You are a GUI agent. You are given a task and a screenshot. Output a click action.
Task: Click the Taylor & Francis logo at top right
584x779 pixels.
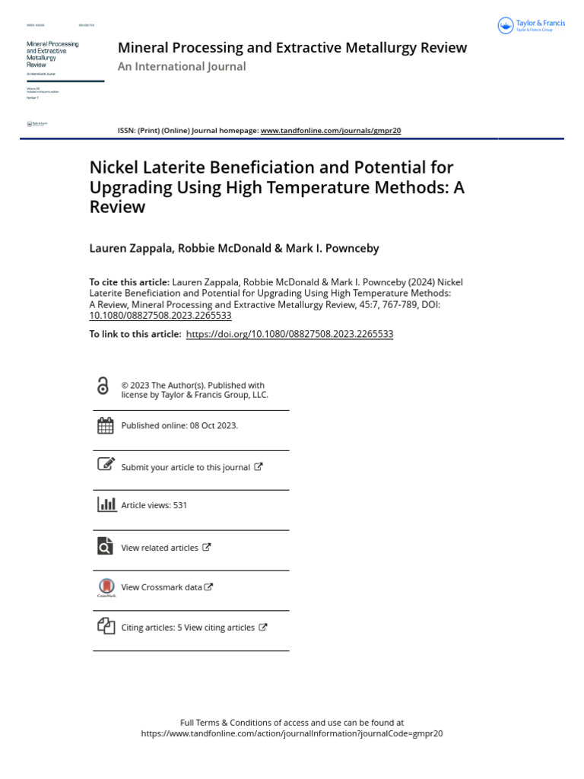point(532,26)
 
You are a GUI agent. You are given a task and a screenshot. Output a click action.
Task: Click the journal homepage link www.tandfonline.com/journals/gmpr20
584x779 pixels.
point(330,131)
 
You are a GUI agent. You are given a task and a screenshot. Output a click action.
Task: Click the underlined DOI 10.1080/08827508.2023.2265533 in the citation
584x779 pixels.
point(160,315)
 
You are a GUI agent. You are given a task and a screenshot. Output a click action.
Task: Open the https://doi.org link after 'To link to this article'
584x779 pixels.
point(289,334)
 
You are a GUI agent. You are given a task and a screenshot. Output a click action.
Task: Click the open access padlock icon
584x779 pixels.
point(103,386)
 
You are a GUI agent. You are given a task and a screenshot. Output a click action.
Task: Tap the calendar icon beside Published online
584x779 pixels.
point(106,426)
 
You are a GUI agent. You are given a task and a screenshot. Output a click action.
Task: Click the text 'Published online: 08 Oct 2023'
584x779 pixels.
point(179,426)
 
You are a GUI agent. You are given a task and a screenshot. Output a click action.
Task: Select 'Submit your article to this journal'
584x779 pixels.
point(186,467)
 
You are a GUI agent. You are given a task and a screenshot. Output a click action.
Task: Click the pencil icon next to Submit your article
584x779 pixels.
point(106,464)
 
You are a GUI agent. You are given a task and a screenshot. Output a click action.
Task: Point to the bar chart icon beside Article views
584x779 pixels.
point(106,504)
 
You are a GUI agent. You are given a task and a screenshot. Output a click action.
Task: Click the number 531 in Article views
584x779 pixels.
point(180,505)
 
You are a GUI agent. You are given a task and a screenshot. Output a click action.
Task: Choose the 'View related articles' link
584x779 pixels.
point(160,548)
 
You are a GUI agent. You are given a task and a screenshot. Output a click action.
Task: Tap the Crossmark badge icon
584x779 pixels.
point(106,587)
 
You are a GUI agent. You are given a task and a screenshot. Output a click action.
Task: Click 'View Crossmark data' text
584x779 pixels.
point(162,587)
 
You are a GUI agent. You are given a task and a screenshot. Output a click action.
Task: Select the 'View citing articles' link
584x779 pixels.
point(219,628)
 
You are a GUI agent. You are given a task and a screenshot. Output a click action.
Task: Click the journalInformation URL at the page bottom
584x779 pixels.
point(292,734)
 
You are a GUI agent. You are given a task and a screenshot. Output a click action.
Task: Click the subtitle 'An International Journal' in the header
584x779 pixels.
point(182,67)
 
